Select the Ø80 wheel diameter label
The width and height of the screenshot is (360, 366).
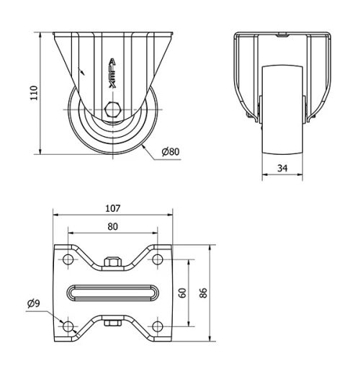(x=170, y=152)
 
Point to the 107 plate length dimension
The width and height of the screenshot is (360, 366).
(x=113, y=209)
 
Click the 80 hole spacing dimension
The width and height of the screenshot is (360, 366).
(x=113, y=226)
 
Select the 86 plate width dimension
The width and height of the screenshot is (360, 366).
(x=204, y=293)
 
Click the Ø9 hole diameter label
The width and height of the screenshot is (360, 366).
(x=32, y=303)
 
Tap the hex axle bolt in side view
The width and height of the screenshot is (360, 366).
(x=112, y=110)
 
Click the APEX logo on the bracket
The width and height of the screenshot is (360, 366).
(x=112, y=73)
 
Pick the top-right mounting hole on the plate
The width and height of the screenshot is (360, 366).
(x=157, y=259)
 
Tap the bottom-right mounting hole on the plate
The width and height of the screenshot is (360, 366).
(x=157, y=327)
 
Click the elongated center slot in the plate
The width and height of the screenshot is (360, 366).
(x=113, y=293)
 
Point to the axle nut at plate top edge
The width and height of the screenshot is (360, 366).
(x=112, y=262)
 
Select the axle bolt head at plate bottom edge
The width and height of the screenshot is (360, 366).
(x=112, y=323)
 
